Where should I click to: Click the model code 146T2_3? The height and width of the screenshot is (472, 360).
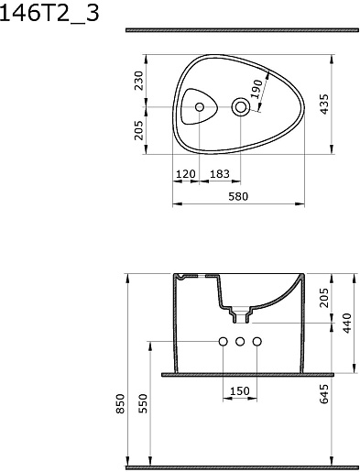pos(49,13)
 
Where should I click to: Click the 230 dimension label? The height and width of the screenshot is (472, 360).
pos(139,81)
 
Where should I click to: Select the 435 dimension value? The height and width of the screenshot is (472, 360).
pos(324,104)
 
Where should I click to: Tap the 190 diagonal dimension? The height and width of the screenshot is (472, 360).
pos(256,89)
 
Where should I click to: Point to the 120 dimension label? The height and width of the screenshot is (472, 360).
pos(186,174)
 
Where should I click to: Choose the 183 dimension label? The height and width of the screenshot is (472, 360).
pos(220,174)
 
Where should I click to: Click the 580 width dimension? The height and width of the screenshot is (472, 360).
pos(238,196)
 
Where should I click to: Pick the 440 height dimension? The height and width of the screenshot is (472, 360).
pos(347,324)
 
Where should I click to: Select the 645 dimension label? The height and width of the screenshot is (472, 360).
pos(324,394)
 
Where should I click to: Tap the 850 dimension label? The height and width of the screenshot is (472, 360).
pos(121,404)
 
